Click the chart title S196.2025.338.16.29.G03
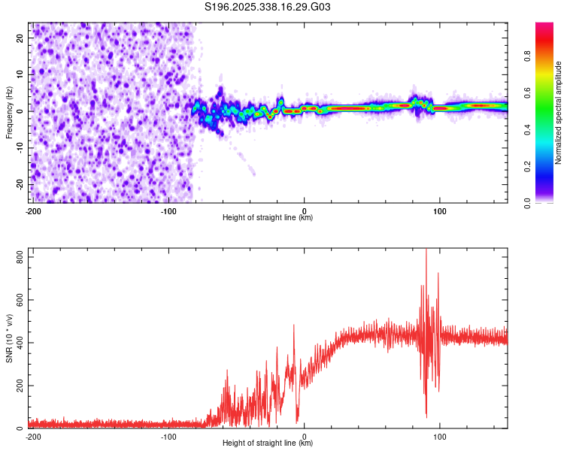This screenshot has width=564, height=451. pyautogui.click(x=268, y=8)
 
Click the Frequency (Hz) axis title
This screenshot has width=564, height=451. pyautogui.click(x=9, y=113)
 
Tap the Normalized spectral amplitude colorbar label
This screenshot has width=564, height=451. pyautogui.click(x=559, y=113)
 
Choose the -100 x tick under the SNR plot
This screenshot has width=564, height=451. pyautogui.click(x=168, y=437)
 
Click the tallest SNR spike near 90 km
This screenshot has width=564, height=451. pyautogui.click(x=426, y=251)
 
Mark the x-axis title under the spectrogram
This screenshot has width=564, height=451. pyautogui.click(x=268, y=218)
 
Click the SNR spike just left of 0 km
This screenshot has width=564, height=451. pyautogui.click(x=293, y=326)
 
